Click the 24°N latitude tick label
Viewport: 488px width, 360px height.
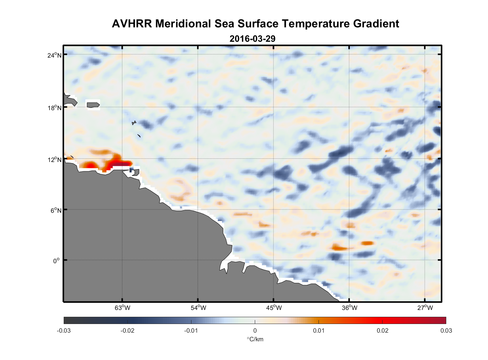pos(54,55)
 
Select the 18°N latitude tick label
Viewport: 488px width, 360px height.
pos(54,108)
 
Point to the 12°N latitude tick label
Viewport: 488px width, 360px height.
pos(54,159)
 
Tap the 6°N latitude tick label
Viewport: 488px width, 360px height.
pos(56,210)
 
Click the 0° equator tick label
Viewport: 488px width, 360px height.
pos(57,261)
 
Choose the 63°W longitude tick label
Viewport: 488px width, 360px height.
pos(123,308)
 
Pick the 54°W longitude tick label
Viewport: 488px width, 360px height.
pos(198,308)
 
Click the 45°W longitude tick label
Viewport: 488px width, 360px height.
pos(274,308)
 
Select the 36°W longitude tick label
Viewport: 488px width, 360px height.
pos(349,308)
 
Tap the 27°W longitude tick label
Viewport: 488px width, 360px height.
pos(425,308)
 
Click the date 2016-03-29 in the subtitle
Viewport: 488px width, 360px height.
pos(252,39)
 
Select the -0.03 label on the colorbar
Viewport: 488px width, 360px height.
pos(64,330)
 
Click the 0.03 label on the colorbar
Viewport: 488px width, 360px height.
pos(446,330)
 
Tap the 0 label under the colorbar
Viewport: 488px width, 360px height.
pos(255,330)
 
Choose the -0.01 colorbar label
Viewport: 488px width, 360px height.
pos(191,330)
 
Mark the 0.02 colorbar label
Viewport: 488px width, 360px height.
pos(382,330)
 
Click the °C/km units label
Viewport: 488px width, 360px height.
pos(255,339)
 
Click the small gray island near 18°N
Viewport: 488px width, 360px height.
pos(93,105)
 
